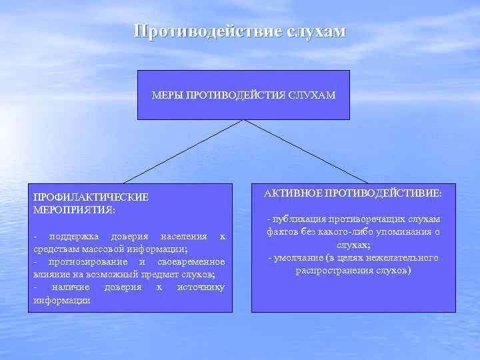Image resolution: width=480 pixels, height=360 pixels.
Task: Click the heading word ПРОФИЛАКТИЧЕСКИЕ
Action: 91,197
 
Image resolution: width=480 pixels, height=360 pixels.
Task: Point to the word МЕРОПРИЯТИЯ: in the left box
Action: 74,209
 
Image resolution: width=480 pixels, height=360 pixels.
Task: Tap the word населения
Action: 183,237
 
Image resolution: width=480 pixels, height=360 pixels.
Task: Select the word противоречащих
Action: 366,219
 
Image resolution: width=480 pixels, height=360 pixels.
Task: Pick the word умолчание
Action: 298,258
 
